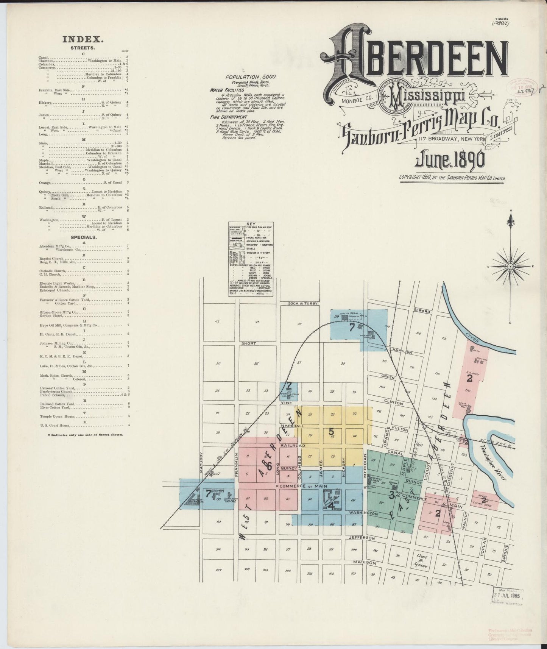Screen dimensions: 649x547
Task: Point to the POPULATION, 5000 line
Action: [251, 77]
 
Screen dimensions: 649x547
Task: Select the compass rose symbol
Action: [510, 266]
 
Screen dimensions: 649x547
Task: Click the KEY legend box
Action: [251, 259]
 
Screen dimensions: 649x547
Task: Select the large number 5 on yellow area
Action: [331, 431]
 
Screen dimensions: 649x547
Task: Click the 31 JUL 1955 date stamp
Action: [507, 595]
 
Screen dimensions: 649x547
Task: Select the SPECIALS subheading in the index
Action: [83, 237]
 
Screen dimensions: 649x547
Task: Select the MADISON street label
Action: [364, 563]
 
